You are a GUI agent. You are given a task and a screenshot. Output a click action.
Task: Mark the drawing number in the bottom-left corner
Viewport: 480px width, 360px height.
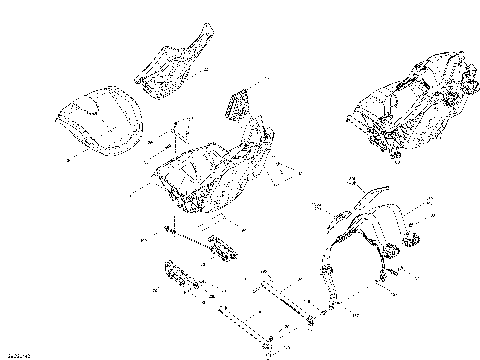point(17,353)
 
